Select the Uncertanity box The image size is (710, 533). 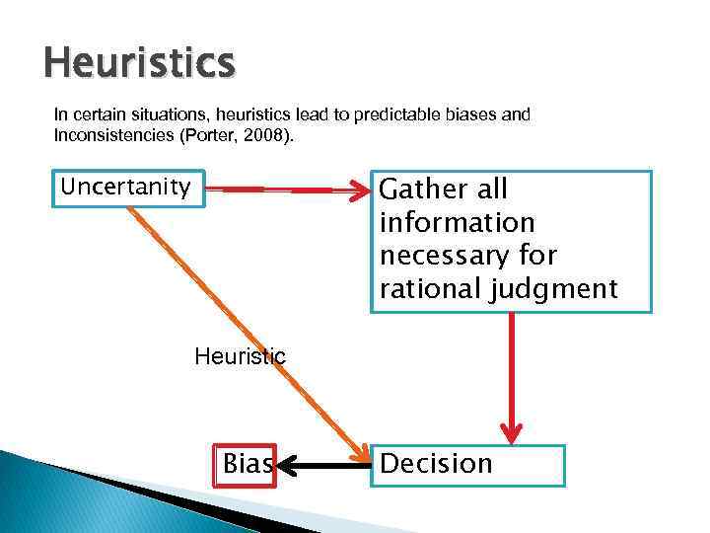point(126,187)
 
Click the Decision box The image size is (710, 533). point(468,465)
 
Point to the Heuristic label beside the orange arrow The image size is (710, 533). point(240,356)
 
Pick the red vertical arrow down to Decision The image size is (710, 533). point(511,375)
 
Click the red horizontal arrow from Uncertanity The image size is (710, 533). point(286,189)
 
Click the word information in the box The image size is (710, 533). point(457,223)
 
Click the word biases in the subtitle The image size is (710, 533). point(469,114)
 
